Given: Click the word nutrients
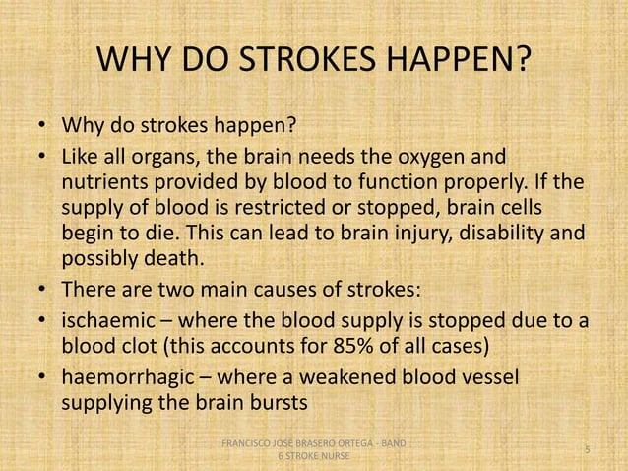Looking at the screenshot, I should click(x=107, y=184).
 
